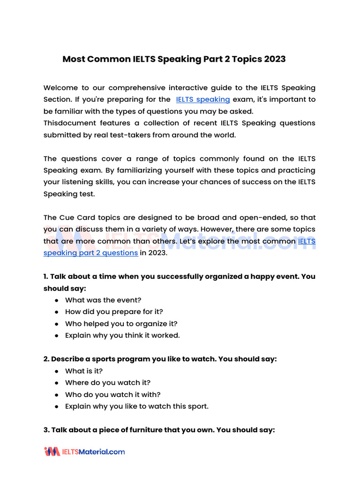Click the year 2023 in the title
coord(275,60)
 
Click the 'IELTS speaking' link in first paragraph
coord(203,99)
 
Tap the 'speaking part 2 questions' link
coord(90,253)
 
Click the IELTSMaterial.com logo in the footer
coord(84,452)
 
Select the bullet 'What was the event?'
coord(103,300)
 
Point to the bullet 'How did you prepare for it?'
coord(114,312)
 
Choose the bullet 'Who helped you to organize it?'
coord(121,323)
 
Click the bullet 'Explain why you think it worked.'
coord(122,335)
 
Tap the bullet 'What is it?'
coord(84,371)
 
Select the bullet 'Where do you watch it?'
coord(108,382)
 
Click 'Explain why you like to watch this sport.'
coord(137,406)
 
